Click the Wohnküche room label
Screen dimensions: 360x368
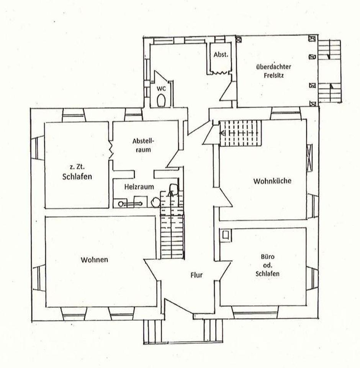(x=272, y=181)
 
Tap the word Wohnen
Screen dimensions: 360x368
(x=94, y=260)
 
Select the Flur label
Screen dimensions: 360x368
(x=196, y=275)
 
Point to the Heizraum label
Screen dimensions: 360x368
(x=139, y=187)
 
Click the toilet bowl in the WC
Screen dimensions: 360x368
(x=161, y=100)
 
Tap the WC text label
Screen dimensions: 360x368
(x=161, y=89)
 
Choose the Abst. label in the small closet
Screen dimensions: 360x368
(x=221, y=55)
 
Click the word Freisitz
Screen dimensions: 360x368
(x=274, y=76)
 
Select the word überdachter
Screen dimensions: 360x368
(x=274, y=67)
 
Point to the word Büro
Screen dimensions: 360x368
(x=268, y=256)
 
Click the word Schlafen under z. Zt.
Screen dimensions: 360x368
(x=77, y=176)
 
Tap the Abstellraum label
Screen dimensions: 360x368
(x=143, y=145)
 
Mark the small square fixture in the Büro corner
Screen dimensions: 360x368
(x=226, y=235)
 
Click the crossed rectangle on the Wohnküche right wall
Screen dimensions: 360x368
(x=309, y=157)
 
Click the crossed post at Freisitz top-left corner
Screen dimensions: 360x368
(x=239, y=40)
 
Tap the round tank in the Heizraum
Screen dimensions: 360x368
(x=155, y=202)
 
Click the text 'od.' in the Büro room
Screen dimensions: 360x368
(x=268, y=265)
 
